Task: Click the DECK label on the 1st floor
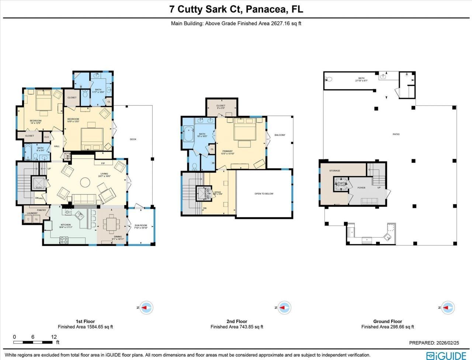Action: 133,139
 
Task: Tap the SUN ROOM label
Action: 141,226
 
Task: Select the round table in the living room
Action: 86,182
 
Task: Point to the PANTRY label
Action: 41,210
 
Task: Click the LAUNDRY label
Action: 32,213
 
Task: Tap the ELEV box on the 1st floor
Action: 38,184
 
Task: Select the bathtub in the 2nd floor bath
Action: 188,135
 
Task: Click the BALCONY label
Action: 280,135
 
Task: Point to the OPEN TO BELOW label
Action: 264,194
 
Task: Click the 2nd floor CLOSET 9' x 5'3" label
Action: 221,107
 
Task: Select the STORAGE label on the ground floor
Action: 335,171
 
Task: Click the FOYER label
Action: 361,188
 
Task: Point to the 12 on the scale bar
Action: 54,337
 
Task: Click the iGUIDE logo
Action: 446,356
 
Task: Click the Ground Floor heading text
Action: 388,321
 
